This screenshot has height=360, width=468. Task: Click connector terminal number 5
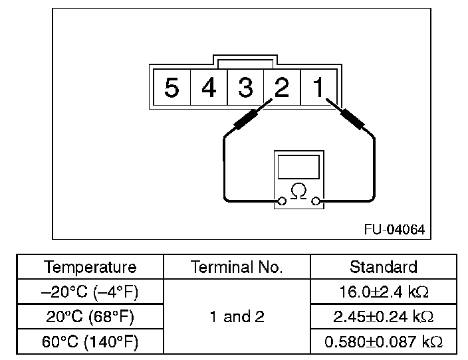click(172, 87)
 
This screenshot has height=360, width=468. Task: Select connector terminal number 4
click(209, 87)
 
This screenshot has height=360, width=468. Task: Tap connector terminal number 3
click(245, 87)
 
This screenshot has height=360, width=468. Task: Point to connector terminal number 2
click(282, 87)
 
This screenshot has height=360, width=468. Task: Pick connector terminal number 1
click(319, 87)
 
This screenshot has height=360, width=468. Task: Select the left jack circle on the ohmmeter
click(283, 201)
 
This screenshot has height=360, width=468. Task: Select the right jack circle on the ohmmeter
click(316, 201)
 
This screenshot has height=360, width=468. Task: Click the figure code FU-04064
click(394, 229)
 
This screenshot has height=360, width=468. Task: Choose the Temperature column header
click(90, 267)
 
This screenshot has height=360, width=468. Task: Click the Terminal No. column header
click(237, 267)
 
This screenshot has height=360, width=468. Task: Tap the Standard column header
click(384, 267)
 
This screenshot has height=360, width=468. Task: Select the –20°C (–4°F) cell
click(90, 292)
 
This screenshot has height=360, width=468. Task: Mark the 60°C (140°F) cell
click(90, 342)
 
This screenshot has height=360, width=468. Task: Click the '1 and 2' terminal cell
click(237, 317)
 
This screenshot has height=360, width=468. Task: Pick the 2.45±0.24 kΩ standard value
click(384, 317)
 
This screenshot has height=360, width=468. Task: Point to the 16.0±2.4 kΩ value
click(384, 292)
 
